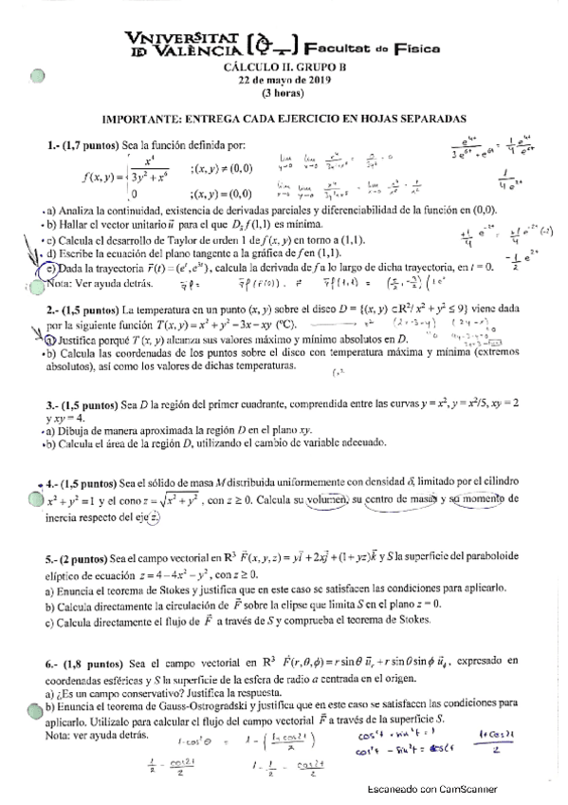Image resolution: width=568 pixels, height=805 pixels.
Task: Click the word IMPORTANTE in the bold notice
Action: click(139, 120)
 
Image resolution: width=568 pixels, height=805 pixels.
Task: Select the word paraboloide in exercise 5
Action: click(485, 561)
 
